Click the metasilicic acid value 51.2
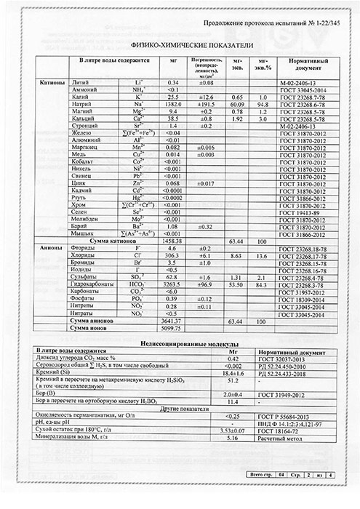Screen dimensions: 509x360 [234, 380]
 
